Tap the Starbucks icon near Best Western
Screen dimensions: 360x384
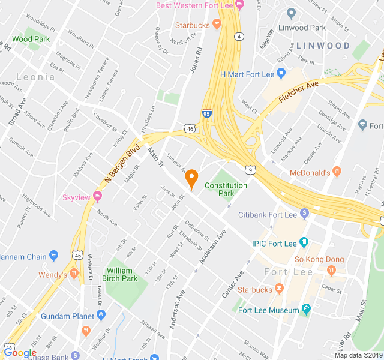(x=217, y=25)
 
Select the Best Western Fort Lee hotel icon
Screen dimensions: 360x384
(x=239, y=5)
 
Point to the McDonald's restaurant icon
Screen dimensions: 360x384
(x=337, y=173)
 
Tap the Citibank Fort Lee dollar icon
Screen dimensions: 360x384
(x=304, y=214)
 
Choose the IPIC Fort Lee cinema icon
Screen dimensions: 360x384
(x=304, y=243)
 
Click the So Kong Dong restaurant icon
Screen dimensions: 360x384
(x=331, y=271)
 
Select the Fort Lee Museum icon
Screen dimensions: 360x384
(x=306, y=310)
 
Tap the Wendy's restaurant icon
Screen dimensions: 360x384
(x=74, y=274)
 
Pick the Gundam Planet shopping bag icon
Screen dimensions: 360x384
(x=101, y=315)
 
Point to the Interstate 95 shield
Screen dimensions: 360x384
(x=206, y=112)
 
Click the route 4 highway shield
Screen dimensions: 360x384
(x=239, y=37)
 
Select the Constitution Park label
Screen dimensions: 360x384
(x=226, y=190)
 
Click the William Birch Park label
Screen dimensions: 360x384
(x=122, y=274)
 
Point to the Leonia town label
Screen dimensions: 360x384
(x=35, y=77)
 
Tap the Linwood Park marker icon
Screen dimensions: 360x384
(x=292, y=13)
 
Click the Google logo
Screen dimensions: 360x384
(x=20, y=353)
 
